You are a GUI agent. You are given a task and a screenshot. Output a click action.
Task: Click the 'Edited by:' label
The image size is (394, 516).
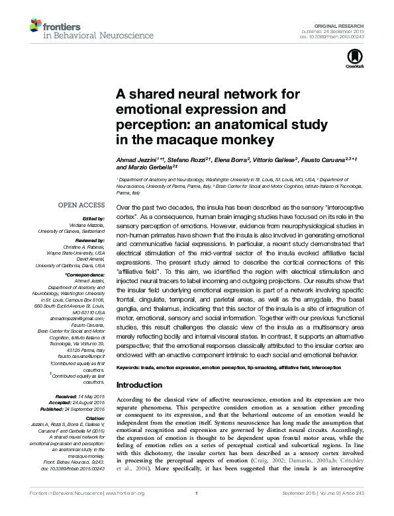(x=93, y=218)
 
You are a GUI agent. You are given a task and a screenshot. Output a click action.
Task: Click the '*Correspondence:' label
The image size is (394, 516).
(x=85, y=274)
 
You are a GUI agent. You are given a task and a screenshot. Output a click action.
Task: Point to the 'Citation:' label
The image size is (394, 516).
(x=94, y=418)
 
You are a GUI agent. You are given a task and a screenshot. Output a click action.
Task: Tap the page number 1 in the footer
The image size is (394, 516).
(x=197, y=510)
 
